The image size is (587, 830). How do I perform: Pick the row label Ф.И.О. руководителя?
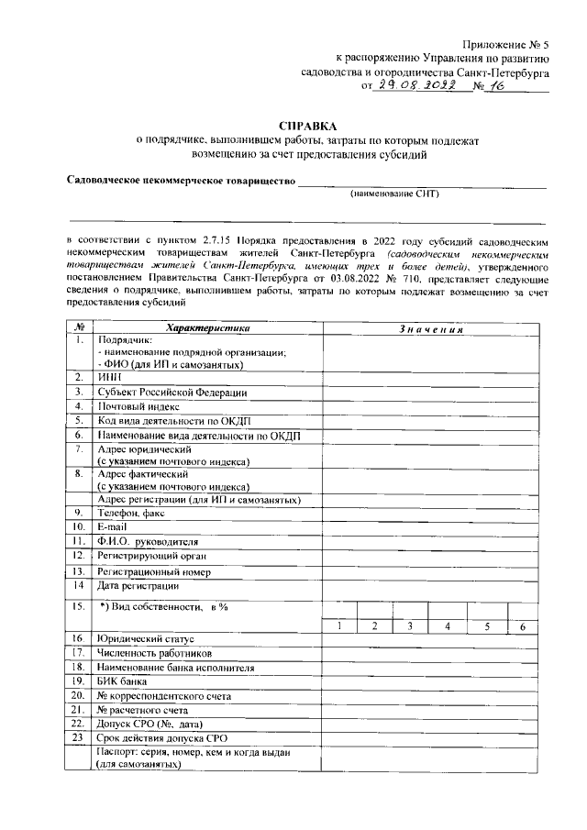[147, 542]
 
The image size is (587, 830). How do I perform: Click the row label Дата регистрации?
[139, 586]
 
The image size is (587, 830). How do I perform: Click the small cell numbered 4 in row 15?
[448, 625]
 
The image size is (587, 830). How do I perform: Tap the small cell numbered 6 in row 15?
[522, 625]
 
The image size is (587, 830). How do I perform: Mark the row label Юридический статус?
[148, 638]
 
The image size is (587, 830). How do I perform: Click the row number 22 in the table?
[80, 724]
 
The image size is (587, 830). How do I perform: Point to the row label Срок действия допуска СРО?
[163, 738]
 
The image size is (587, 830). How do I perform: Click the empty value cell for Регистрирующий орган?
[429, 557]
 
